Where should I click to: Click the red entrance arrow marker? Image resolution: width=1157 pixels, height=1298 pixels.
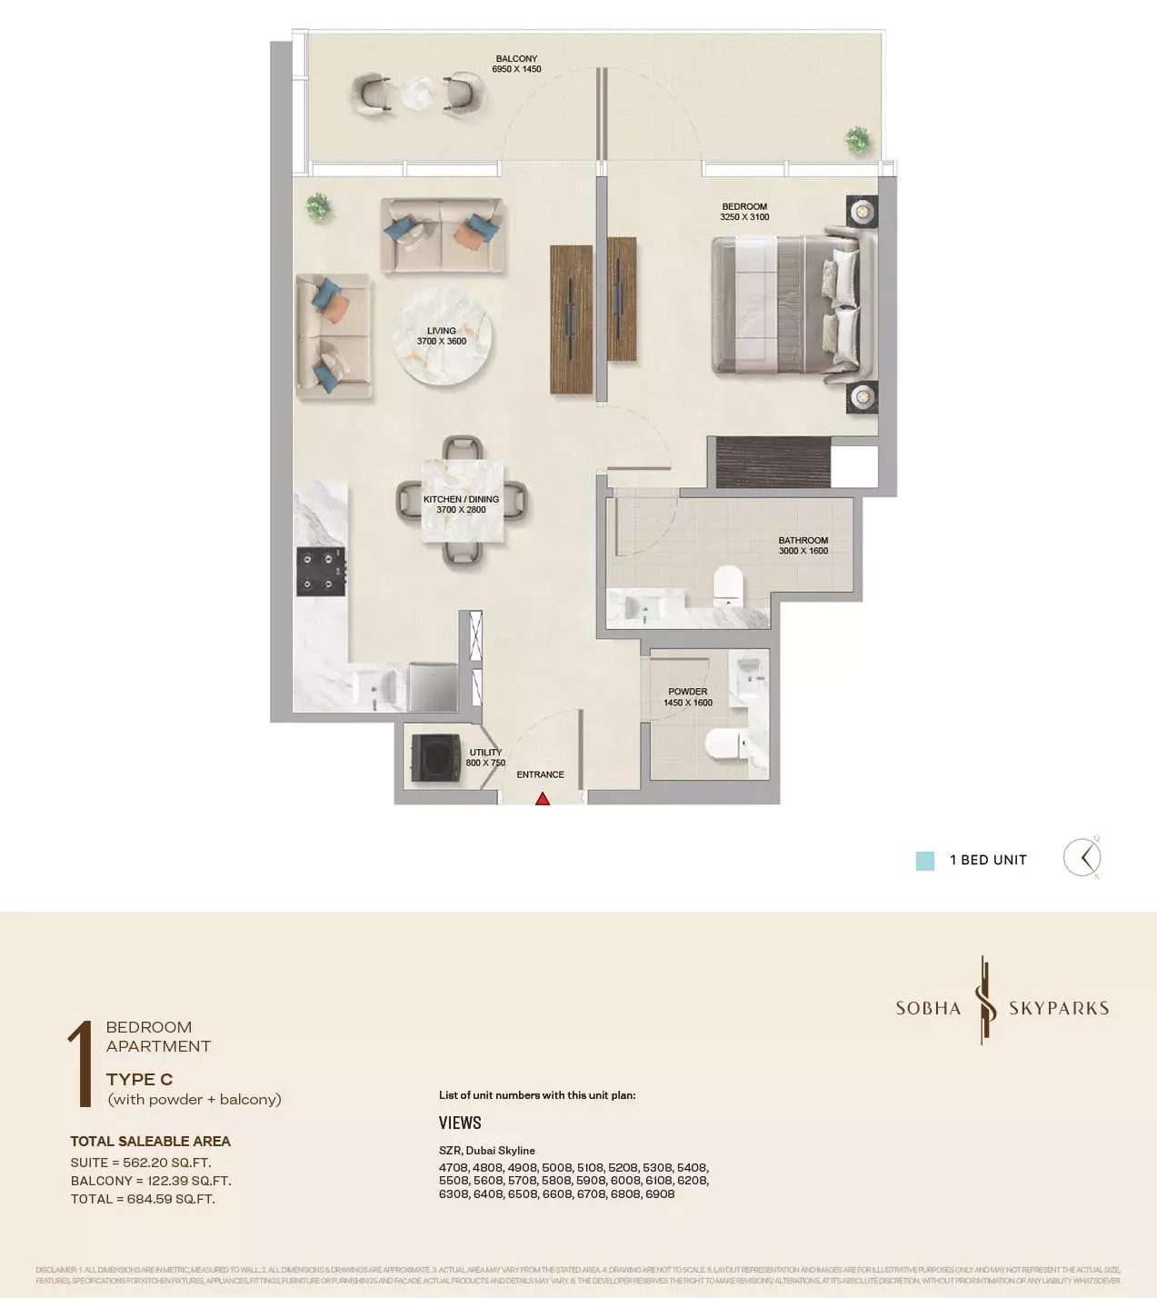[543, 799]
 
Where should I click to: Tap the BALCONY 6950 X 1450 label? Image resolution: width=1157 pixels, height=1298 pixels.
[516, 64]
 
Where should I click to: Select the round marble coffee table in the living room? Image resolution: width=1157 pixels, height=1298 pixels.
[443, 337]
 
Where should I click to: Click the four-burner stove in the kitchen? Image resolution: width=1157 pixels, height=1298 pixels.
[321, 572]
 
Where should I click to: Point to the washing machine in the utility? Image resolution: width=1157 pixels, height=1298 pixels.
[434, 757]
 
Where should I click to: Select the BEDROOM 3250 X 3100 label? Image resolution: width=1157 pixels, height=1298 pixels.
[744, 212]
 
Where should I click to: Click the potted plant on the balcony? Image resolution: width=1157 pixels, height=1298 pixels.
[856, 140]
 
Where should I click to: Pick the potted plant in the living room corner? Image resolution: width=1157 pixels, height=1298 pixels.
[318, 206]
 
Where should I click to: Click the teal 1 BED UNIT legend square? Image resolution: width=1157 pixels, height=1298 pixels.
[924, 861]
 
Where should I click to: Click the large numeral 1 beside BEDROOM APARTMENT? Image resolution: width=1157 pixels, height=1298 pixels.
[83, 1063]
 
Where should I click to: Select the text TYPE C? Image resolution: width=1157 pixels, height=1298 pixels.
[139, 1079]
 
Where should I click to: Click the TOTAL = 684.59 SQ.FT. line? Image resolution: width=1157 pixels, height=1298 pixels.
[143, 1199]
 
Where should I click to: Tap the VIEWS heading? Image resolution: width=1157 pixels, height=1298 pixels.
[460, 1123]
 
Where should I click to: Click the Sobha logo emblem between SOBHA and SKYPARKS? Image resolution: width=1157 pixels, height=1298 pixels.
[983, 1000]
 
